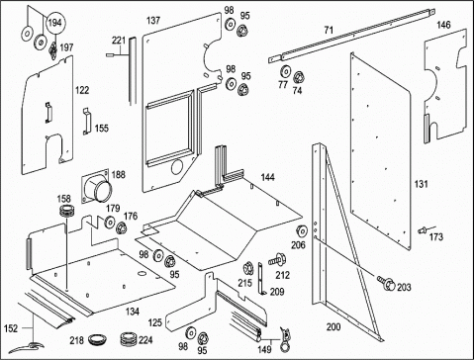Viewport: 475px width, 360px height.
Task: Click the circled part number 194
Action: (x=54, y=23)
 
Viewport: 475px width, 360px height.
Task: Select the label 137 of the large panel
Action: (x=153, y=21)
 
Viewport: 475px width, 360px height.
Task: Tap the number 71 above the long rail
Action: (x=329, y=31)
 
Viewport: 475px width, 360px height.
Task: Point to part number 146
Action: (x=443, y=25)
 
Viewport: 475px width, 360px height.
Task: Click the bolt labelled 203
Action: (x=386, y=283)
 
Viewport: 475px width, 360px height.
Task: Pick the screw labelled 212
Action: (x=277, y=260)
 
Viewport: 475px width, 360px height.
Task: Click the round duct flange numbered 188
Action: (x=95, y=187)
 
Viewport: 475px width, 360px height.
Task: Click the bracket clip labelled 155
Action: (x=86, y=121)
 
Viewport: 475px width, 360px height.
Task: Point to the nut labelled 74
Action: (x=299, y=78)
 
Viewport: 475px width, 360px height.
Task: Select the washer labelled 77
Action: (x=285, y=72)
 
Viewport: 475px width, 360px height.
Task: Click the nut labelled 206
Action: (x=302, y=232)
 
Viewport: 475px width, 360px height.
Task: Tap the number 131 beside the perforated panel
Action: (x=422, y=184)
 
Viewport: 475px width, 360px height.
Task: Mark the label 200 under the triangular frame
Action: (x=333, y=327)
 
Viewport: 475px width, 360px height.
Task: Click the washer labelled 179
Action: (x=110, y=222)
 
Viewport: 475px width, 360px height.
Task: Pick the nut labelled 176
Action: (x=122, y=227)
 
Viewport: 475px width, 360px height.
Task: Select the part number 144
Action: (x=267, y=177)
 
